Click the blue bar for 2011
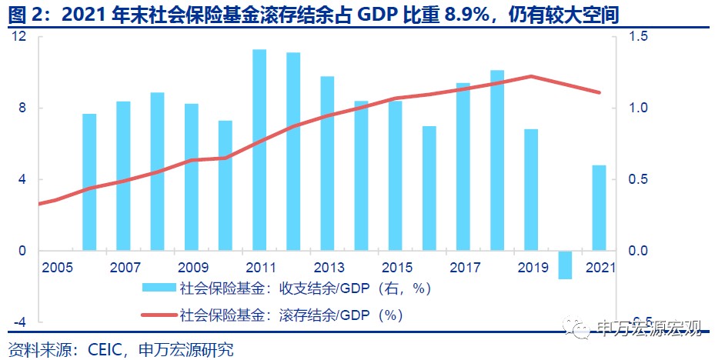pos(259,150)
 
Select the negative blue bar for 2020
pos(565,265)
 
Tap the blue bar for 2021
pos(599,208)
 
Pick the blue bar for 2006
pos(89,182)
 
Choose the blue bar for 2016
pos(429,188)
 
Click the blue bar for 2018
pos(497,160)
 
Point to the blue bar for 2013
pos(327,163)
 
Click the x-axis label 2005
pos(57,268)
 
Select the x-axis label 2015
pos(396,268)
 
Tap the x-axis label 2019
pos(532,268)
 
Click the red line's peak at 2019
pos(531,76)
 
